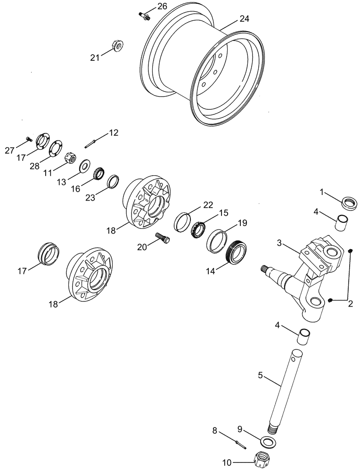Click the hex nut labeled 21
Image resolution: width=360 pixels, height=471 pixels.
(117, 46)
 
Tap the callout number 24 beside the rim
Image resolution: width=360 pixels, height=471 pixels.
(244, 19)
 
